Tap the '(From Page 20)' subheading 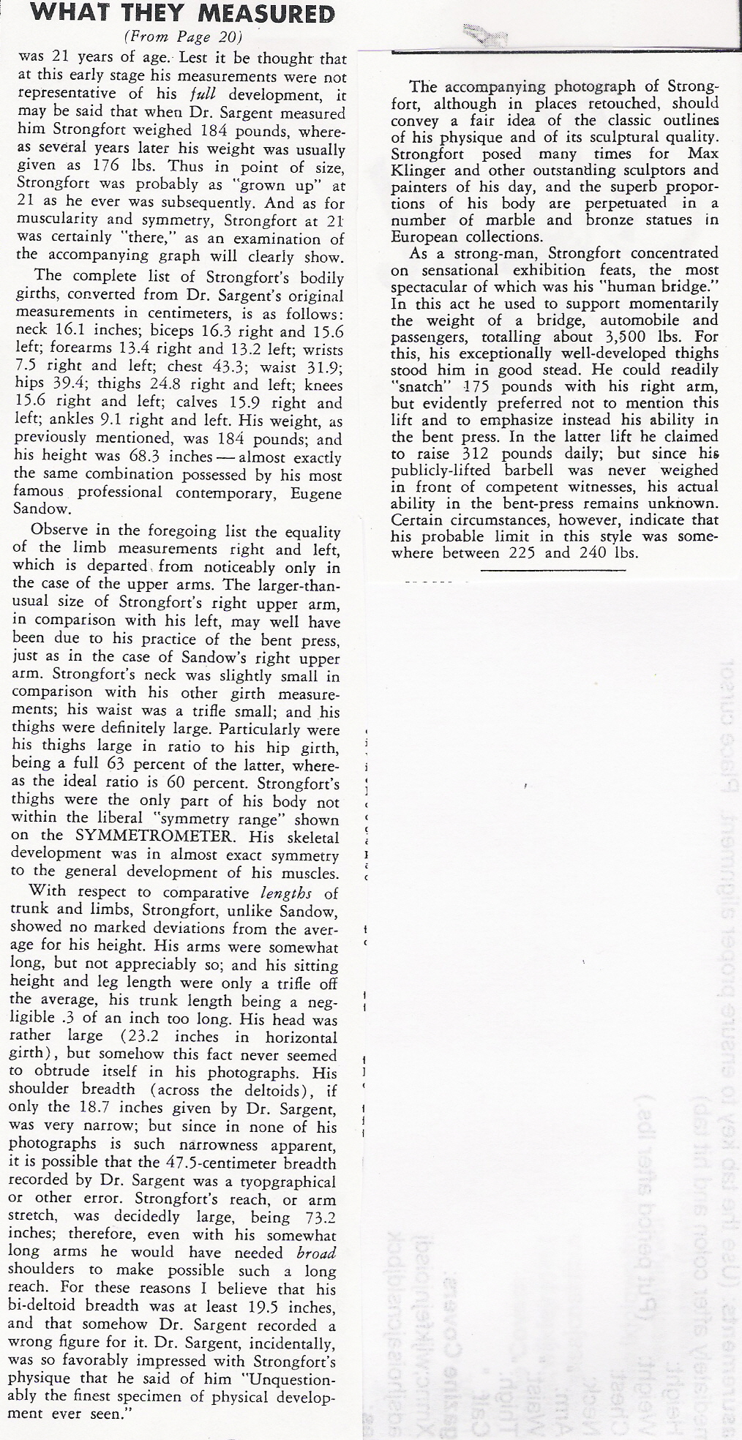184,37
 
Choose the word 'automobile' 633,320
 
